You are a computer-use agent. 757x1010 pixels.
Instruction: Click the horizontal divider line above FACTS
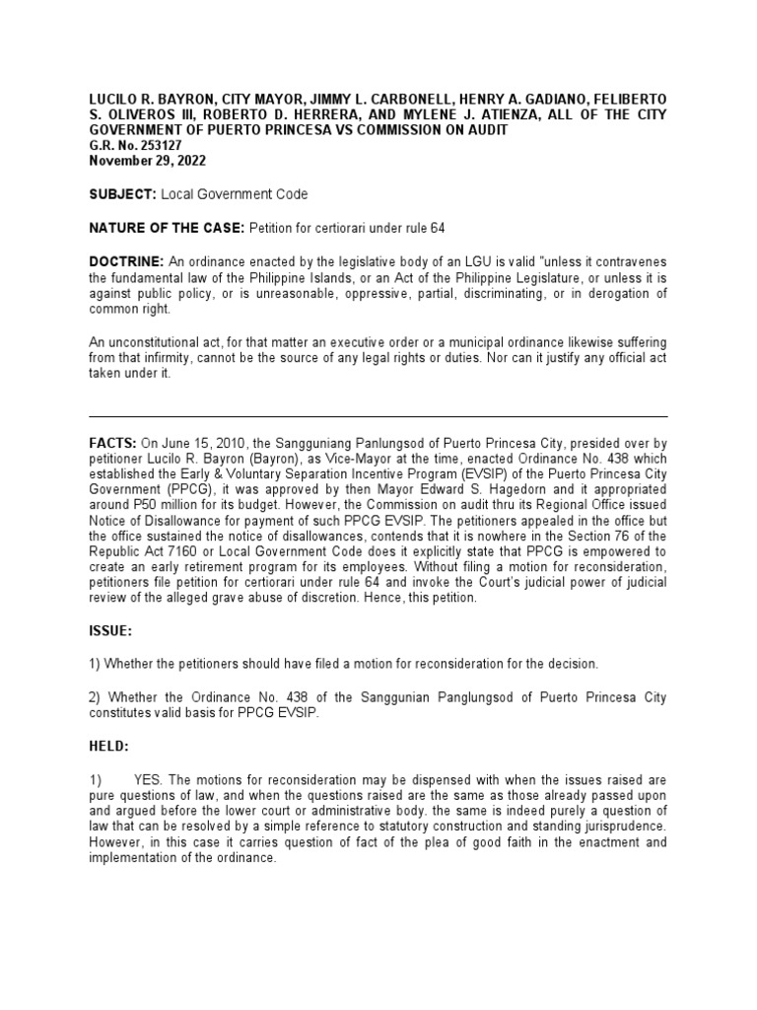pyautogui.click(x=378, y=417)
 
